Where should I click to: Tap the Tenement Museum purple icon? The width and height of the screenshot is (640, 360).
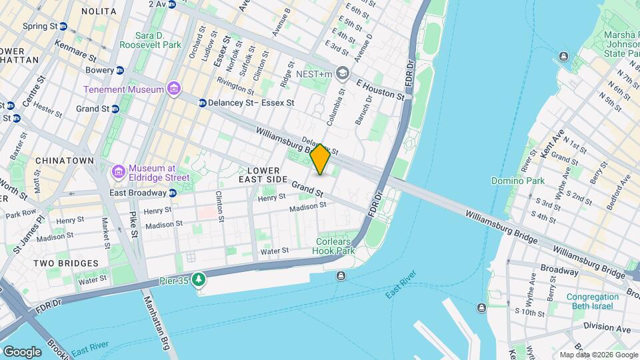point(174,89)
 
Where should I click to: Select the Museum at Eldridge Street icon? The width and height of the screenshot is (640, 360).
point(119,172)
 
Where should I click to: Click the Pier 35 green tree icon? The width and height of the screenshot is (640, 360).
point(198,279)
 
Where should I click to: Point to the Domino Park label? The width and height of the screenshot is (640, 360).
point(517,181)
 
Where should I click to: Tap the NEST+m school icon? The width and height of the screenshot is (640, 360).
point(343,73)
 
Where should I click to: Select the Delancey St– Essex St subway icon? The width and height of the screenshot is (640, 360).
point(203,103)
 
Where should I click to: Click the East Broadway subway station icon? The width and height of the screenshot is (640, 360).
point(173,193)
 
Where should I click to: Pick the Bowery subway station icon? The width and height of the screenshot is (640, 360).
point(120,70)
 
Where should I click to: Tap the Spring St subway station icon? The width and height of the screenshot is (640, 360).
point(63,27)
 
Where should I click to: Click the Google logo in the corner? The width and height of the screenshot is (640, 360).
point(22,351)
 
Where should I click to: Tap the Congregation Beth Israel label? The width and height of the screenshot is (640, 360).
point(593,302)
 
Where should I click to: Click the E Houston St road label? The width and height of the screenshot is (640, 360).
point(381,90)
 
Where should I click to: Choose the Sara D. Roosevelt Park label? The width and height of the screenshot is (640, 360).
point(150,39)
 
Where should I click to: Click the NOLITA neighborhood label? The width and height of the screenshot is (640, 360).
point(98,11)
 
